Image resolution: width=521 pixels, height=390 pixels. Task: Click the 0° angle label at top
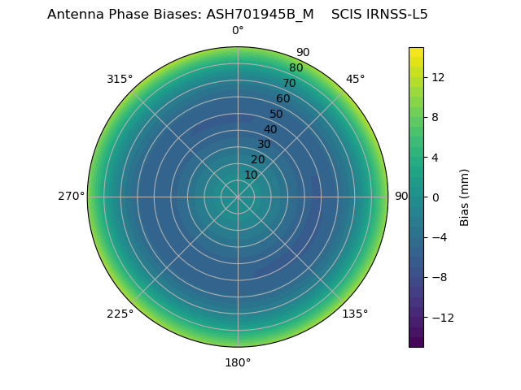238,31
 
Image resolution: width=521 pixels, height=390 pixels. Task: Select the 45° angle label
355,79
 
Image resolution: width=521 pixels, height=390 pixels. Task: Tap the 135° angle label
355,314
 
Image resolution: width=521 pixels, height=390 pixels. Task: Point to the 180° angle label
238,362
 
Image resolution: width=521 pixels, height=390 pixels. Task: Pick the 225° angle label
120,314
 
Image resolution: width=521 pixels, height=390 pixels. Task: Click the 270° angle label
71,196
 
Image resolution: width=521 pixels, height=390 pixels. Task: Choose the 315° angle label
120,79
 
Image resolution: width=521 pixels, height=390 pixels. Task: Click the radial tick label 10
251,175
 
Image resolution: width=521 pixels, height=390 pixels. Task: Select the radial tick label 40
270,129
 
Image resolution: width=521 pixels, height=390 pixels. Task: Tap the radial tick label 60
282,99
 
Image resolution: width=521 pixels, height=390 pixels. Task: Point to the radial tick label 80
296,67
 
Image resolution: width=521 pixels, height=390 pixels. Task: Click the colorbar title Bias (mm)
465,197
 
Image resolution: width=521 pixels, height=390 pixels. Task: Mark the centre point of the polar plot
238,197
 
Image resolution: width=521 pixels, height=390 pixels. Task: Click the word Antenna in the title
74,14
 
